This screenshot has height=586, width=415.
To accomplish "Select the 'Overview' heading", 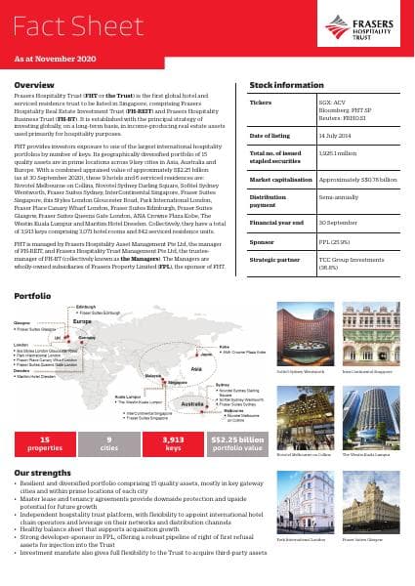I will pyautogui.click(x=34, y=86).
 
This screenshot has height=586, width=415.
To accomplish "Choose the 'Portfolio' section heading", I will pyautogui.click(x=33, y=294).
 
